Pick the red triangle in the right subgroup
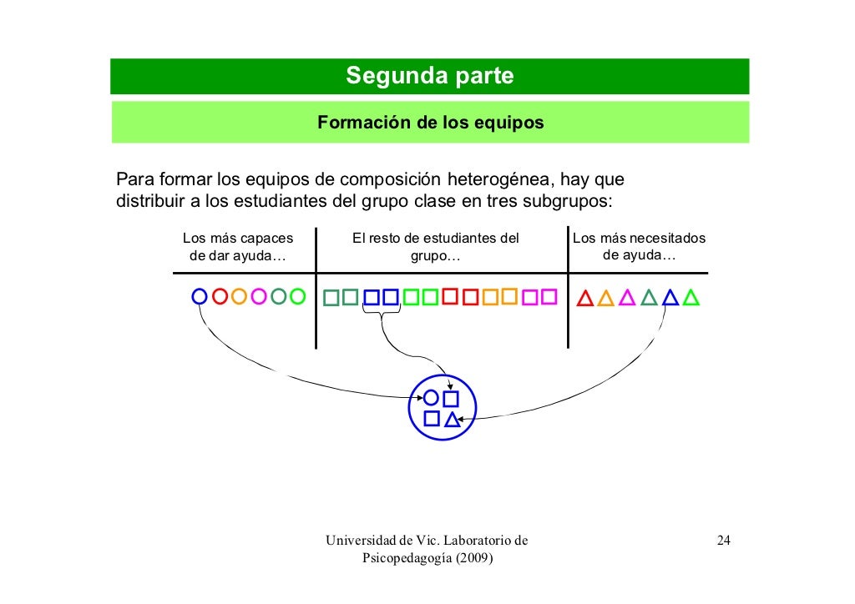click(x=585, y=298)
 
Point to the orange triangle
click(x=606, y=298)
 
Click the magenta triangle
click(x=627, y=298)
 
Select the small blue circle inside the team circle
click(x=431, y=398)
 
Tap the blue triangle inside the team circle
click(x=452, y=420)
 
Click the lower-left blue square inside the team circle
click(x=431, y=418)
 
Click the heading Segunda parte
click(x=430, y=77)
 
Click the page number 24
click(x=724, y=541)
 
